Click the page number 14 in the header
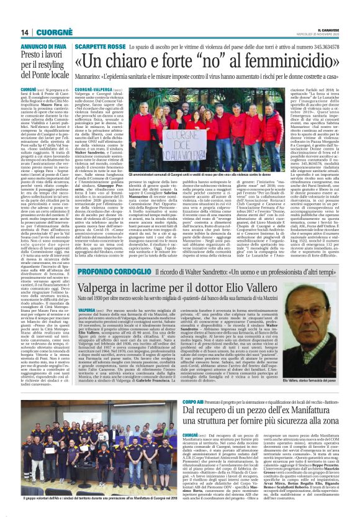(x=24, y=32)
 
